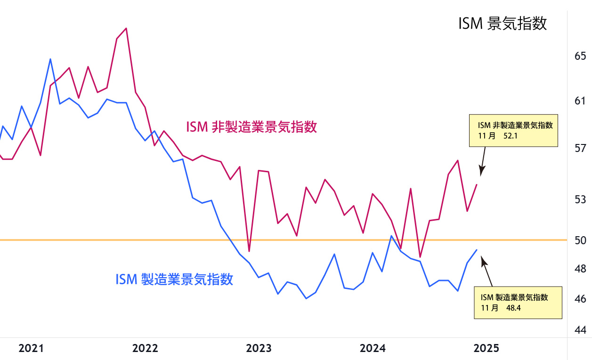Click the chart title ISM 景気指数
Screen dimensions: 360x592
click(x=503, y=23)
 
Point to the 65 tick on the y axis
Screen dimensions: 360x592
click(x=580, y=56)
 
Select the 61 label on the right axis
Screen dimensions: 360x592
click(x=580, y=101)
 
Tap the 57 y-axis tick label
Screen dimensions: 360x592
click(x=580, y=149)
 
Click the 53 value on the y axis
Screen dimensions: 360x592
click(x=580, y=199)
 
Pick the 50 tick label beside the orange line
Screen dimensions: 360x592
click(x=580, y=240)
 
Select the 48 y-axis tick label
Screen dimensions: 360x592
click(x=580, y=269)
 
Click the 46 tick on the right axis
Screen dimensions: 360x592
click(x=580, y=299)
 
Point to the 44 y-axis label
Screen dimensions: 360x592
click(x=580, y=330)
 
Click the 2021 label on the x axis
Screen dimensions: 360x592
click(x=31, y=349)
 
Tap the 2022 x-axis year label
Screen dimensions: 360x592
click(x=145, y=349)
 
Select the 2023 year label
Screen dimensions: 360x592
click(x=259, y=349)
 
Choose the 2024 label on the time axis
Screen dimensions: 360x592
click(x=373, y=349)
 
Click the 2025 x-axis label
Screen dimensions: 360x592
click(x=486, y=349)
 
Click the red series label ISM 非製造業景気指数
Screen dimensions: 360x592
click(x=251, y=127)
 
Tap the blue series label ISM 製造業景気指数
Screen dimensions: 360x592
click(x=174, y=279)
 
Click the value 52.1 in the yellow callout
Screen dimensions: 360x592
click(x=511, y=136)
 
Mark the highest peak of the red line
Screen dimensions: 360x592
click(x=126, y=28)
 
